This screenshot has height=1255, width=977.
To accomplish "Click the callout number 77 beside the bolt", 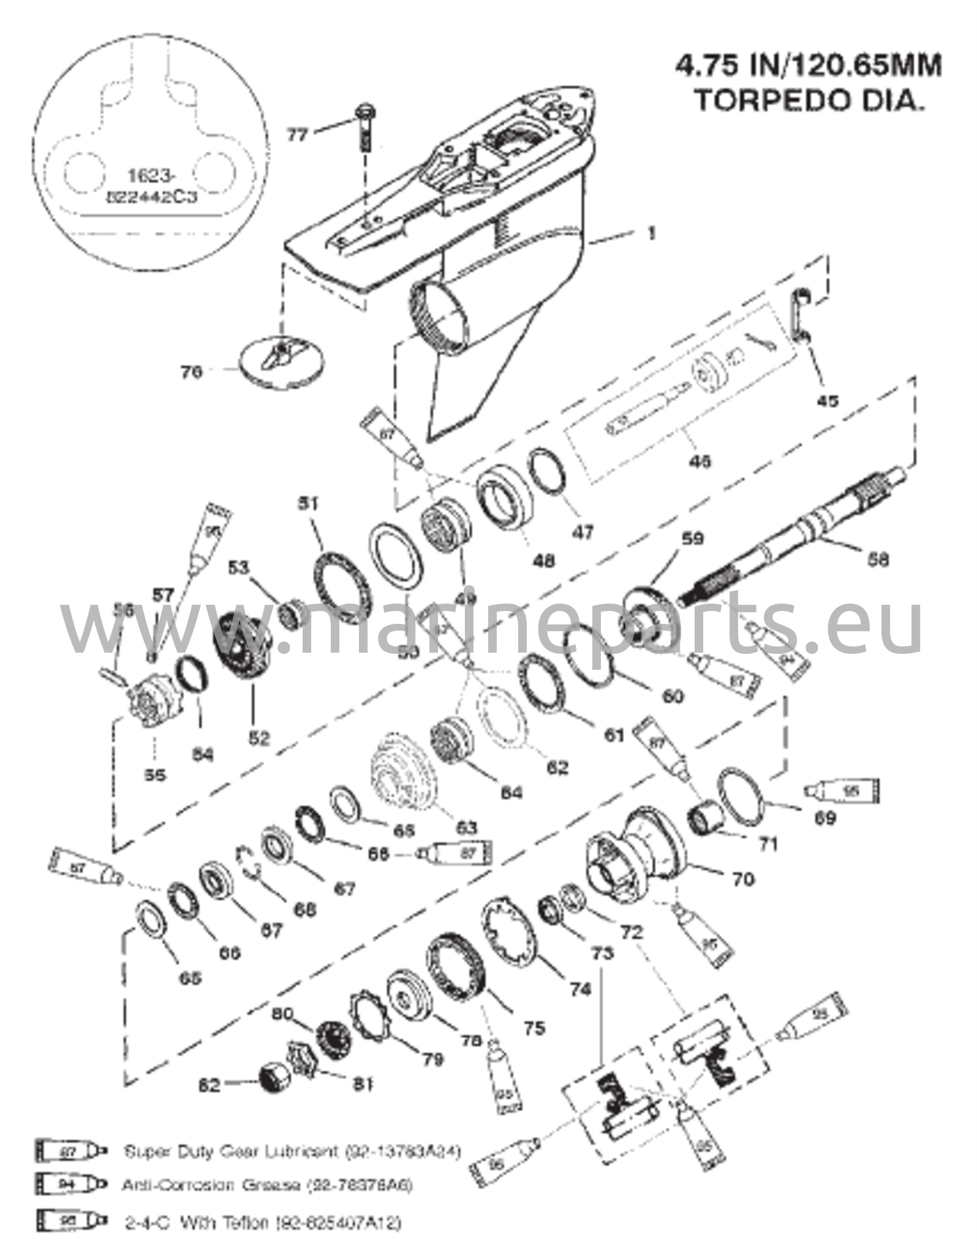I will [298, 135].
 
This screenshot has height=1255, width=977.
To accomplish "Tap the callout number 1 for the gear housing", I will [652, 233].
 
